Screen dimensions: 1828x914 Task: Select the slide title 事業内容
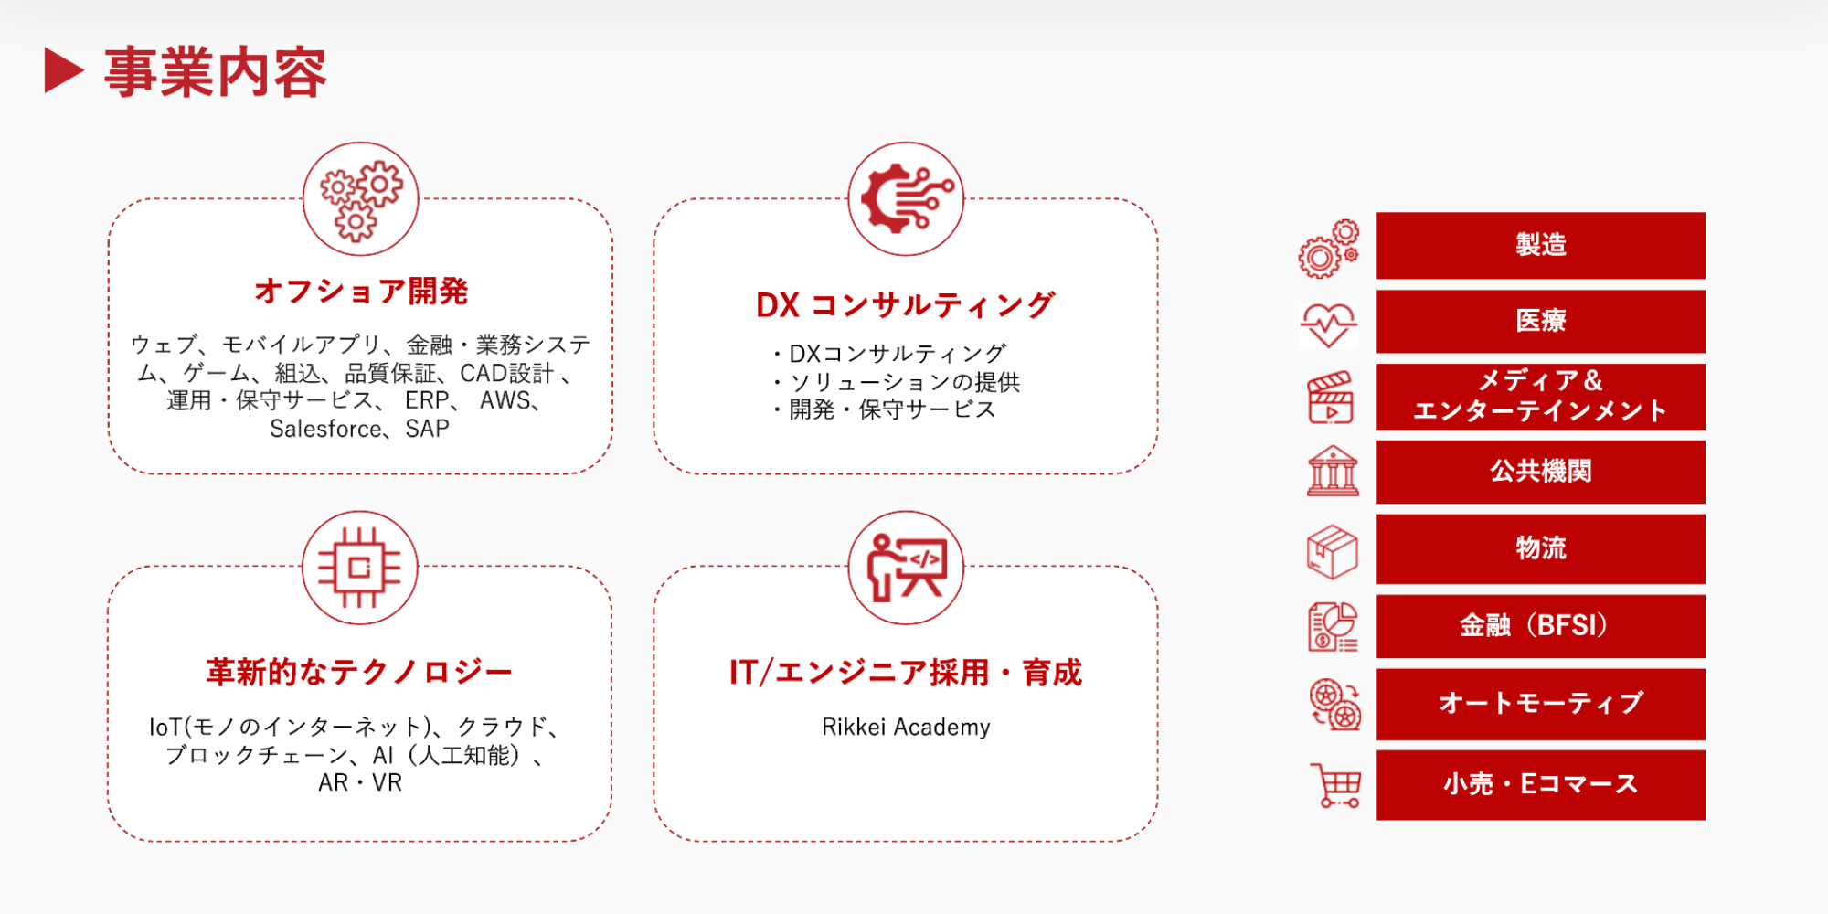pyautogui.click(x=215, y=72)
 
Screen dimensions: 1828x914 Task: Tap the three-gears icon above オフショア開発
pyautogui.click(x=361, y=199)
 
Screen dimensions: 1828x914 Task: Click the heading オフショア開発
pyautogui.click(x=361, y=291)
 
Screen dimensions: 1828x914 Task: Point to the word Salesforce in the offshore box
pyautogui.click(x=325, y=429)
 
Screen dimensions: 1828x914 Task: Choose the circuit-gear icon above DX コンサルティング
pyautogui.click(x=906, y=198)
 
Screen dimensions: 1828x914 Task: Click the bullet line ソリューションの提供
pyautogui.click(x=905, y=382)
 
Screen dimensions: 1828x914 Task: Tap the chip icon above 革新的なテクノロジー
pyautogui.click(x=360, y=568)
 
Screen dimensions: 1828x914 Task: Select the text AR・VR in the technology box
pyautogui.click(x=360, y=782)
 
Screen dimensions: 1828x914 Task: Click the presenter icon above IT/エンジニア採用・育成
pyautogui.click(x=906, y=568)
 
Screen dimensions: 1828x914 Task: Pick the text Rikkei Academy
pyautogui.click(x=906, y=727)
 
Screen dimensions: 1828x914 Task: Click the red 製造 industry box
pyautogui.click(x=1541, y=245)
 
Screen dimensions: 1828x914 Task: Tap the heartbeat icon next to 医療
pyautogui.click(x=1329, y=324)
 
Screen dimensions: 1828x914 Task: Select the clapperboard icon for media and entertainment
pyautogui.click(x=1331, y=398)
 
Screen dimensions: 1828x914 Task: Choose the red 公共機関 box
pyautogui.click(x=1541, y=472)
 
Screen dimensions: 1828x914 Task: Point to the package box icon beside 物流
pyautogui.click(x=1333, y=551)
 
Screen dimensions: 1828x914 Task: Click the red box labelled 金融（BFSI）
pyautogui.click(x=1541, y=626)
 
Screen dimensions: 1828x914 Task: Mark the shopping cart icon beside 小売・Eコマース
pyautogui.click(x=1336, y=785)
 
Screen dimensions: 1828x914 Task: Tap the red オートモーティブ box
pyautogui.click(x=1541, y=704)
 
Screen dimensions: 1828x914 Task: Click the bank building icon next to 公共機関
pyautogui.click(x=1333, y=471)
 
